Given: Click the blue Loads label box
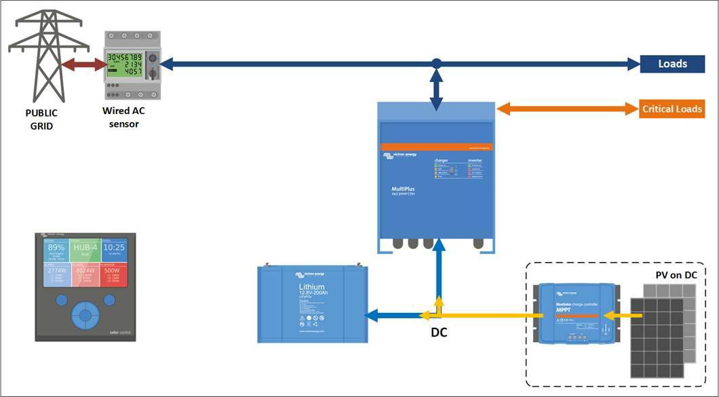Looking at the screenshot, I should coord(672,64).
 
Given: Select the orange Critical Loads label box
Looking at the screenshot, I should coord(672,109).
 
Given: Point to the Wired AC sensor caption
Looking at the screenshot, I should coord(123,117).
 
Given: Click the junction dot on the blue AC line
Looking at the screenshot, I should coord(437,64).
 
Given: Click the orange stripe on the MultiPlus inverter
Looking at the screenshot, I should coord(435,146).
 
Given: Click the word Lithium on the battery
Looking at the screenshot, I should coord(311,287).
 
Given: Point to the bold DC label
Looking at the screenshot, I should coord(440,333).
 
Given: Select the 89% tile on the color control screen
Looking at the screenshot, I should coord(56,250).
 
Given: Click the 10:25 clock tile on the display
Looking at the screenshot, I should coord(113,248).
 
